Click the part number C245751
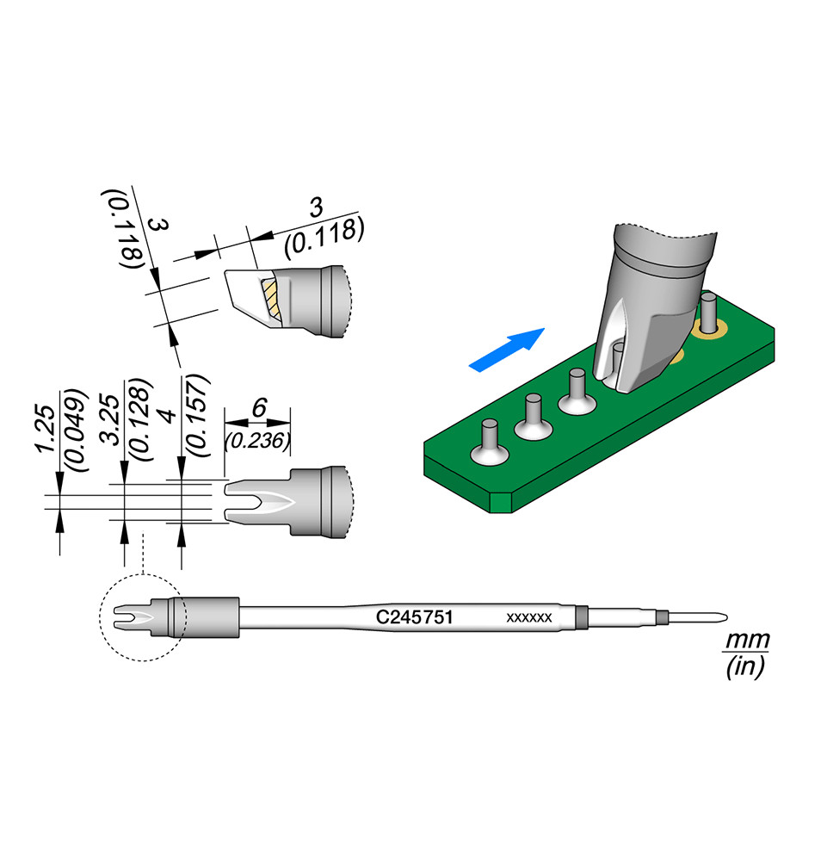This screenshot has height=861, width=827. tap(414, 617)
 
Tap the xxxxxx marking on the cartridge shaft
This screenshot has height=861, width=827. tap(529, 618)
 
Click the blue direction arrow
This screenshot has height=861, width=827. tap(507, 350)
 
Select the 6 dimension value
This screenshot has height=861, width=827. tap(259, 408)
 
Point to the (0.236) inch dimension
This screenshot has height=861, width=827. tap(257, 440)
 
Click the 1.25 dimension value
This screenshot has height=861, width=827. tap(46, 429)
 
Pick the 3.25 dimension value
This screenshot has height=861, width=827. tap(111, 418)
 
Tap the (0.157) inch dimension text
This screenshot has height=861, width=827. tap(198, 416)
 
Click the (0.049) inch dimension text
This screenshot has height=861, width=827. tap(75, 430)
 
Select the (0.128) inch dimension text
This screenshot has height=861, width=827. tap(139, 420)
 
